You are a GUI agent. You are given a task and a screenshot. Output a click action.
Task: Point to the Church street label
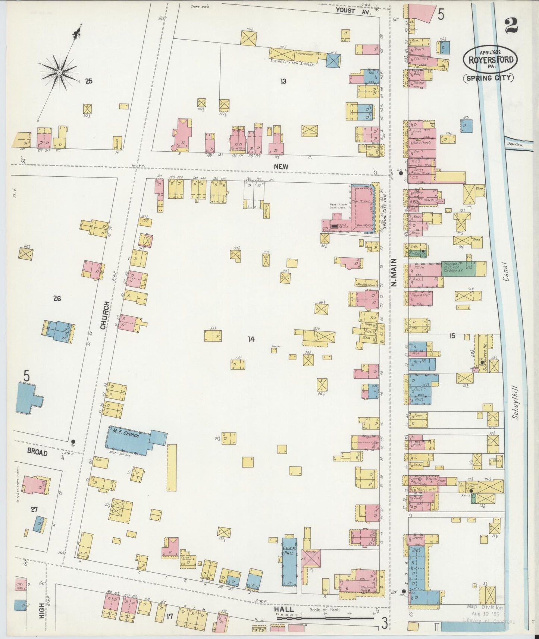pos(106,315)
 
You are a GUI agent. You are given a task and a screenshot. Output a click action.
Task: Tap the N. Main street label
pos(394,273)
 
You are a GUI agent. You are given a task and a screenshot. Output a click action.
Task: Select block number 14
pos(251,339)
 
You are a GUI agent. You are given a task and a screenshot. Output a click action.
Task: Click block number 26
pos(57,298)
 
